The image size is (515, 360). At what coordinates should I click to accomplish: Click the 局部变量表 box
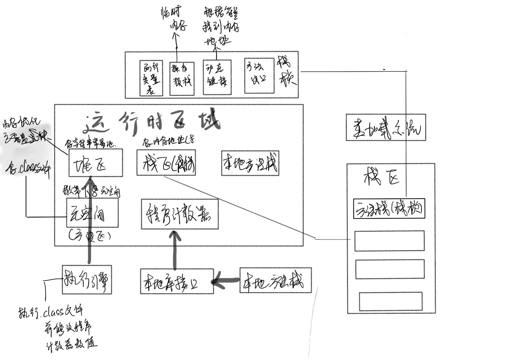coord(151,78)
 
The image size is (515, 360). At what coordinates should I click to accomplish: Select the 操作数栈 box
coord(182,78)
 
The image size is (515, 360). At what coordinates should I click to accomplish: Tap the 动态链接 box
coord(217,77)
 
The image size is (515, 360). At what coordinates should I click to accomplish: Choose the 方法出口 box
coord(259,76)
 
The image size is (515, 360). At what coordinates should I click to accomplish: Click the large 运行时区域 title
coord(153,122)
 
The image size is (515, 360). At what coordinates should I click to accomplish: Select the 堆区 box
coord(96,163)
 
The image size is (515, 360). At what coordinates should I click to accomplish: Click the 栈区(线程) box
coord(166,163)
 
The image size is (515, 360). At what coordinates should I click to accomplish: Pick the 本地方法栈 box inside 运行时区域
coord(250,163)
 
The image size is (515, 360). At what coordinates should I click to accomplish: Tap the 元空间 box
coord(92,213)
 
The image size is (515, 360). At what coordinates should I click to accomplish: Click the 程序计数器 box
coord(180,214)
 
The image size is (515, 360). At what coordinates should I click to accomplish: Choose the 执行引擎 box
coord(87,280)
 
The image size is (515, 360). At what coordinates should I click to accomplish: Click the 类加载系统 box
coord(386,127)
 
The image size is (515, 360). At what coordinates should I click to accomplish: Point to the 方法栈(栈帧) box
coord(389,209)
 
